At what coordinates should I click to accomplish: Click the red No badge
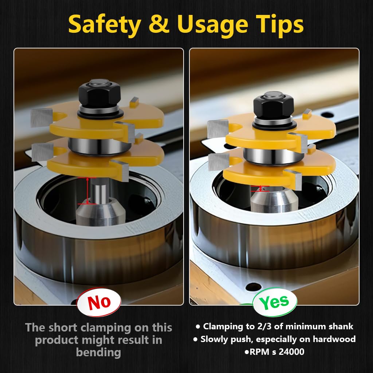[x=99, y=302]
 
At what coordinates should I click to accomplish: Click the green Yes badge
[x=274, y=302]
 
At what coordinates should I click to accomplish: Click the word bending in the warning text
[x=98, y=352]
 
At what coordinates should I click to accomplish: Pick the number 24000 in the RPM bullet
[x=292, y=352]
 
